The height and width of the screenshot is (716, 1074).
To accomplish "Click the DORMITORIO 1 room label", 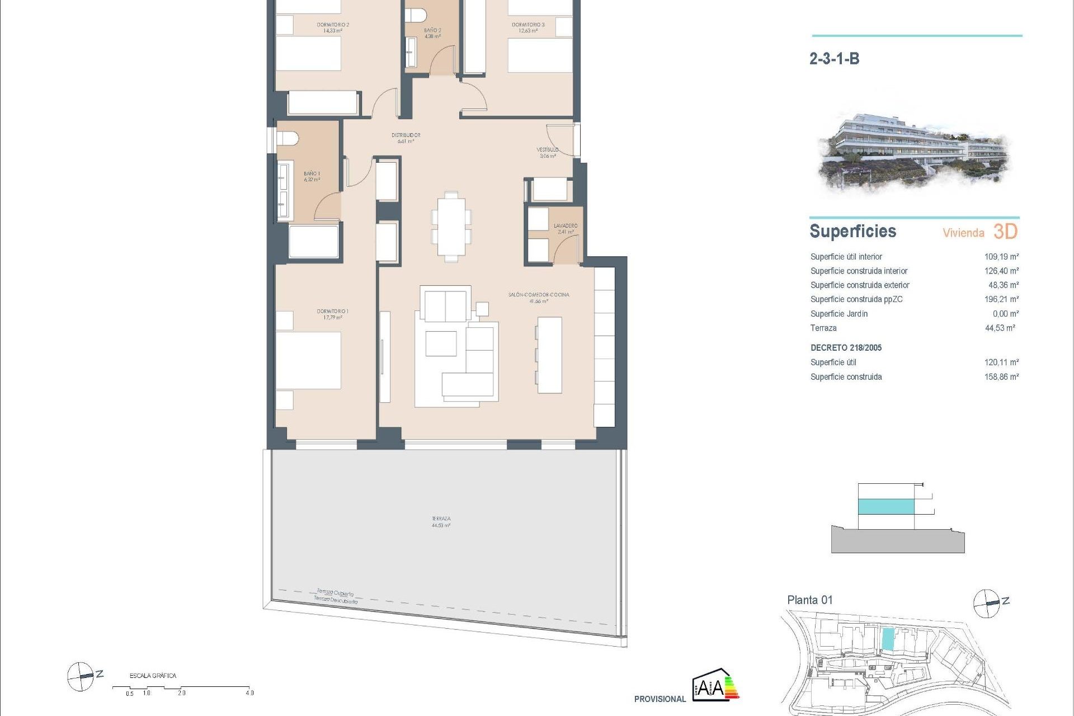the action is tap(332, 311).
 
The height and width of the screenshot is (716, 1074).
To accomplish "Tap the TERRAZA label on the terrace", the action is tap(441, 519).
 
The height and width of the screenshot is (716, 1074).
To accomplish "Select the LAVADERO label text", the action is tap(566, 225).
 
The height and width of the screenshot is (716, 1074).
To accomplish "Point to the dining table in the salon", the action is tap(451, 227).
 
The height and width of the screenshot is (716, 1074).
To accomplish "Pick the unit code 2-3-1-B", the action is tap(834, 59).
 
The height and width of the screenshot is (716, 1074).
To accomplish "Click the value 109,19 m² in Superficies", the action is tap(1001, 257).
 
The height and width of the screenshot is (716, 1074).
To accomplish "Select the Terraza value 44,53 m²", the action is tap(1000, 328).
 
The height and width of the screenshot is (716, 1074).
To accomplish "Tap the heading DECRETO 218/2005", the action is tap(846, 348).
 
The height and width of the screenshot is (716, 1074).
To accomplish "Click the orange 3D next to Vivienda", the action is tap(1005, 232).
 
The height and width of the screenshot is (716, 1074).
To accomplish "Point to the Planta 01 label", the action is tap(809, 600).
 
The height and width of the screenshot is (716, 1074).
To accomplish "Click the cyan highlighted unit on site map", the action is tap(888, 639).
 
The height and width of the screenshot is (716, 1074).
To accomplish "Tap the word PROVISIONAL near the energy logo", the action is tap(660, 699).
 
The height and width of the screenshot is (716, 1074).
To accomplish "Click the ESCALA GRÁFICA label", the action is tap(153, 676).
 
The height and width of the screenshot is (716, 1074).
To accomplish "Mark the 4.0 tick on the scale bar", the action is tap(249, 693).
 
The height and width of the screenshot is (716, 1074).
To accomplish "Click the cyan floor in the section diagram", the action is tap(886, 506).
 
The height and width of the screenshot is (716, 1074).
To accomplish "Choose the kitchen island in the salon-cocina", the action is tap(549, 355).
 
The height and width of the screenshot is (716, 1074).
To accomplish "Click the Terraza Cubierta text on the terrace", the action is tap(335, 592).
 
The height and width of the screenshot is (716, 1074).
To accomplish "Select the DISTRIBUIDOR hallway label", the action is tap(406, 135).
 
